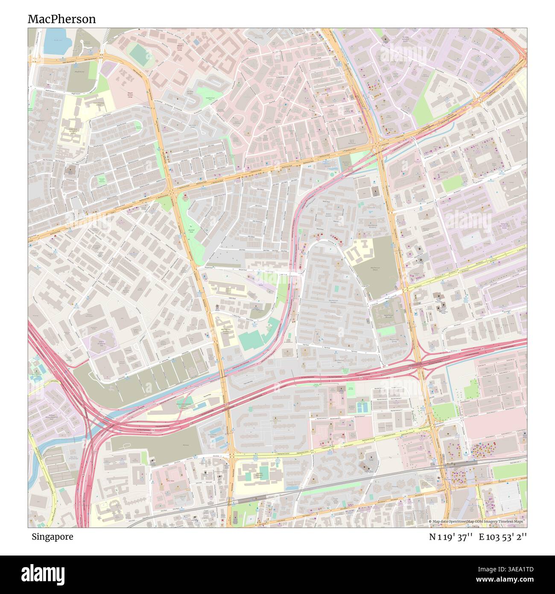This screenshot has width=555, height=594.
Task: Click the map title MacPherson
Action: pos(61,19)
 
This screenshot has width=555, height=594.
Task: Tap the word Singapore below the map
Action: pos(52,537)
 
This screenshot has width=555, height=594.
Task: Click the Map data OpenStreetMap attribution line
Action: pos(477,522)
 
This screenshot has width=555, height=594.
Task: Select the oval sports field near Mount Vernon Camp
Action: pos(138,54)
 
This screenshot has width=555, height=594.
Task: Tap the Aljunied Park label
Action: pos(191,227)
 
